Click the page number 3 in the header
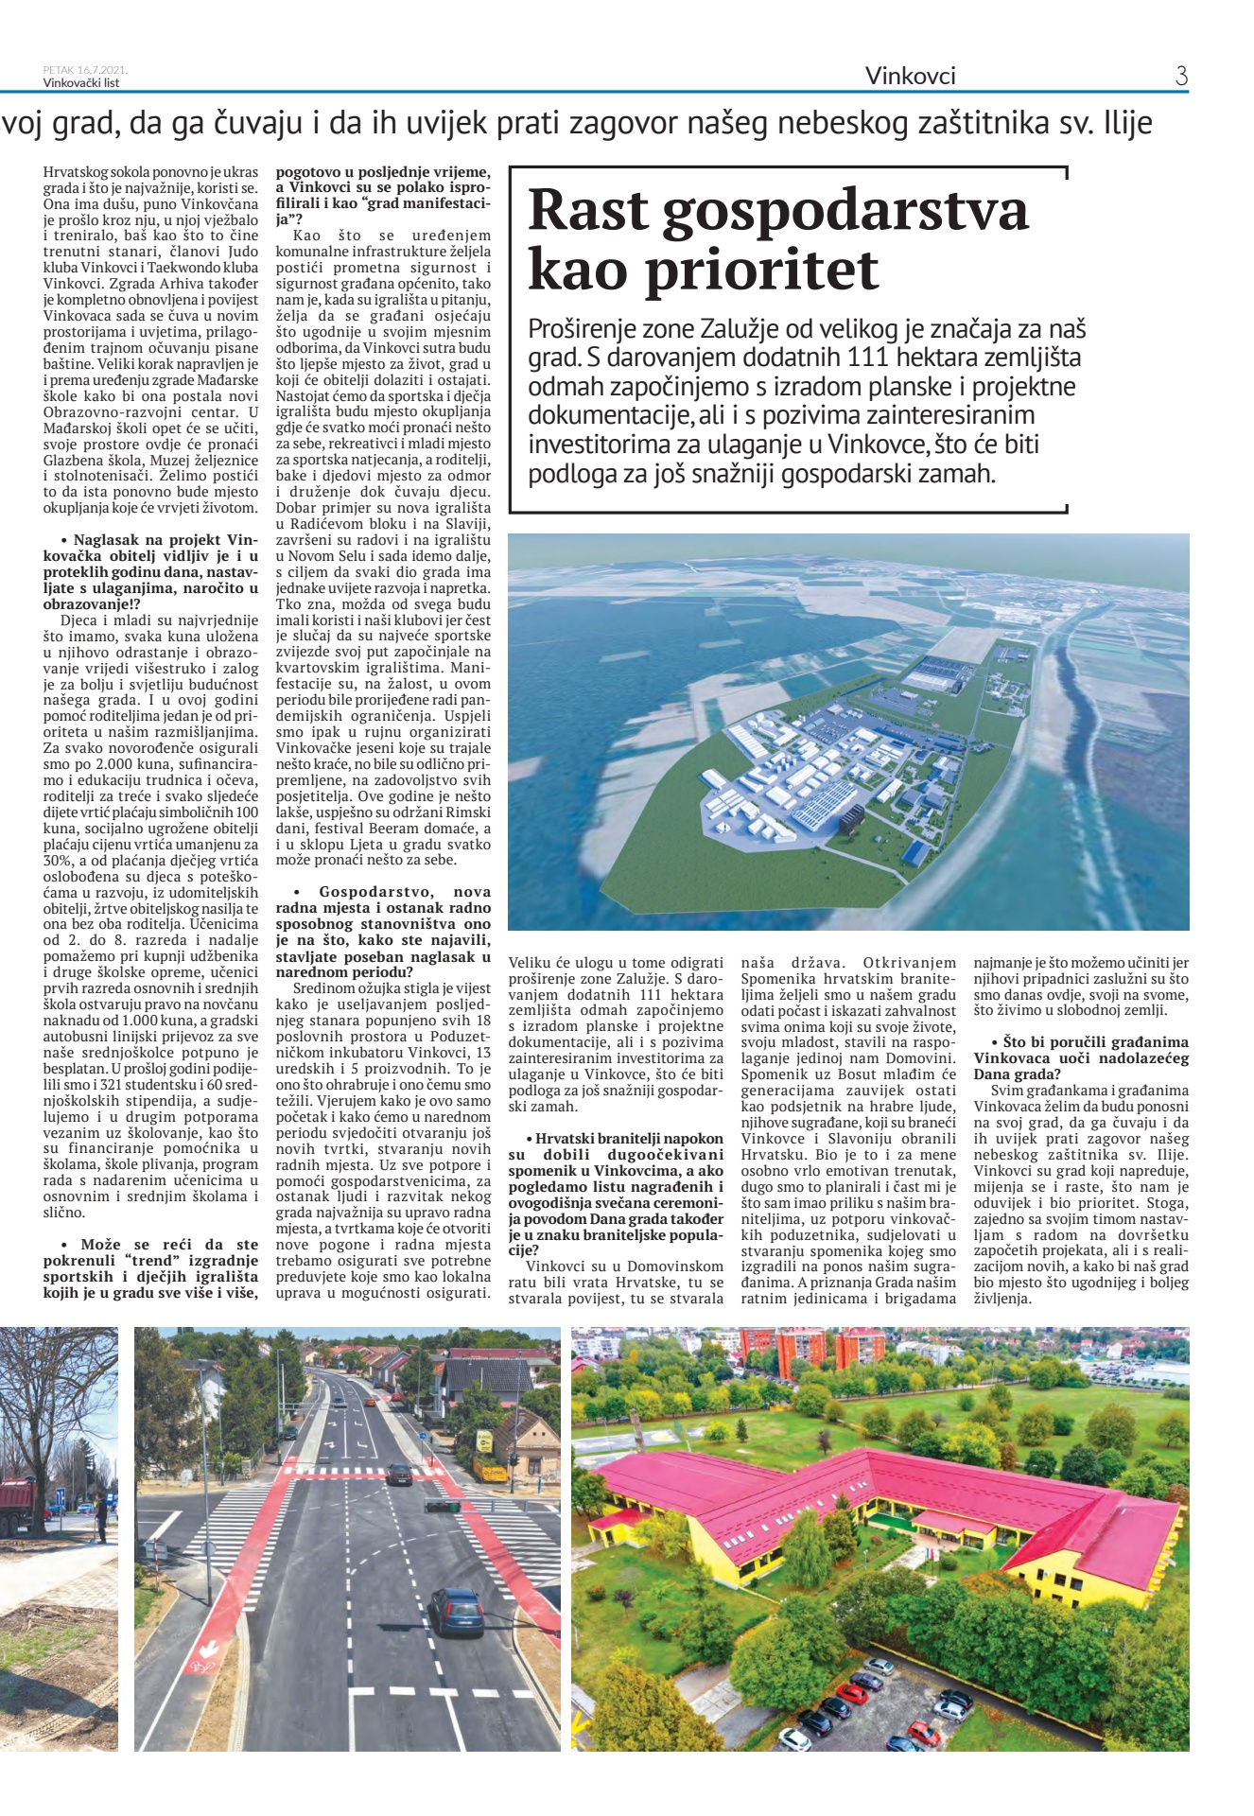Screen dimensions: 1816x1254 coord(1181,76)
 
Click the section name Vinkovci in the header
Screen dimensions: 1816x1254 coord(910,76)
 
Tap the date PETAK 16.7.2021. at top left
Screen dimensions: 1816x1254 coord(85,70)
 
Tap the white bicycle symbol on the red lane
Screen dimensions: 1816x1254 coord(203,1647)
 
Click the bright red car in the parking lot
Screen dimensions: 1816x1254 coord(853,1691)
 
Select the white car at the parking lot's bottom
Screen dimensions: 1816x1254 coord(794,1737)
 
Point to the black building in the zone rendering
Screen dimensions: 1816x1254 coord(847,816)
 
